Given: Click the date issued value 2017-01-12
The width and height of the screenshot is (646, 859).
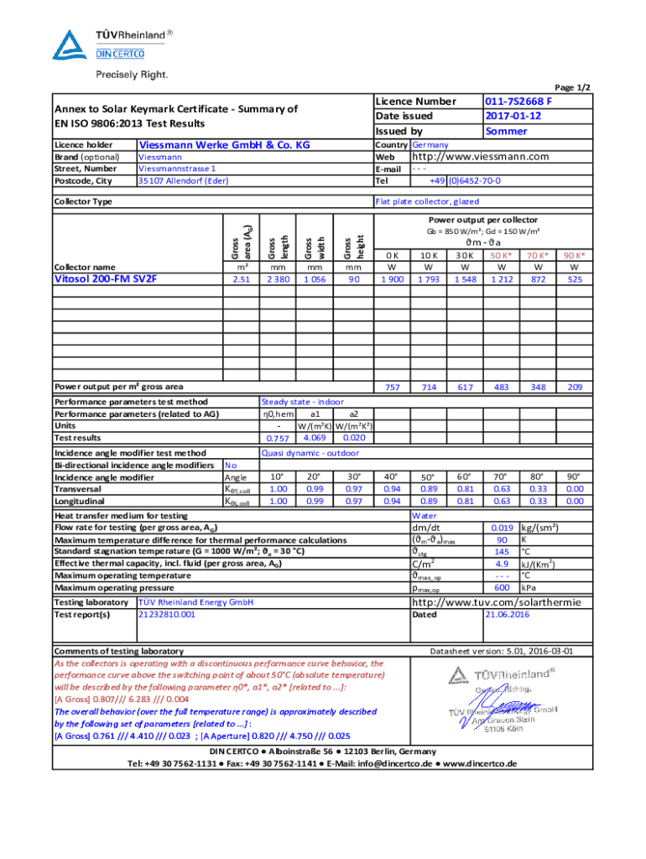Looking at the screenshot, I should click(x=513, y=117).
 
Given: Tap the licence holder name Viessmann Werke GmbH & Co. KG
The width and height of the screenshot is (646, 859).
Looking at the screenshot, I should click(x=224, y=145).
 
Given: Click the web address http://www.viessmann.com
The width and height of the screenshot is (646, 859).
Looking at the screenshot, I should click(x=479, y=157).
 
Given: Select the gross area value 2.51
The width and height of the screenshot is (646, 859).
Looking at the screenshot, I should click(x=241, y=279).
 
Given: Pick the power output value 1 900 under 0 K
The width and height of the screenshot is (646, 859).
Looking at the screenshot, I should click(x=392, y=279).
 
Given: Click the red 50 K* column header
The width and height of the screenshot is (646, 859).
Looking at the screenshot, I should click(x=502, y=255).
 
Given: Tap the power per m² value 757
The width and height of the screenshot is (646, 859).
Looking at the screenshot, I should click(x=392, y=387).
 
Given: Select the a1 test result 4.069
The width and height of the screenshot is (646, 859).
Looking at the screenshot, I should click(x=315, y=437).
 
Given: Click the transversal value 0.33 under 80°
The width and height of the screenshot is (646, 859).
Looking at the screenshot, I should click(x=538, y=489).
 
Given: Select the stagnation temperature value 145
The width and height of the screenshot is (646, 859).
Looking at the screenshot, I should click(x=502, y=551).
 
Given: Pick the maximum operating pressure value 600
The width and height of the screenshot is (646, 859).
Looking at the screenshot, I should click(x=502, y=588).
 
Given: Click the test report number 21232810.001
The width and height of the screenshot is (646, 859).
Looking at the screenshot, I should click(x=166, y=614).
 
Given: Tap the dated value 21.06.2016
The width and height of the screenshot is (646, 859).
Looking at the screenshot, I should click(x=508, y=614).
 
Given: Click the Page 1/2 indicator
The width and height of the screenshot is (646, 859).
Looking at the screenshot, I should click(x=573, y=87).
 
